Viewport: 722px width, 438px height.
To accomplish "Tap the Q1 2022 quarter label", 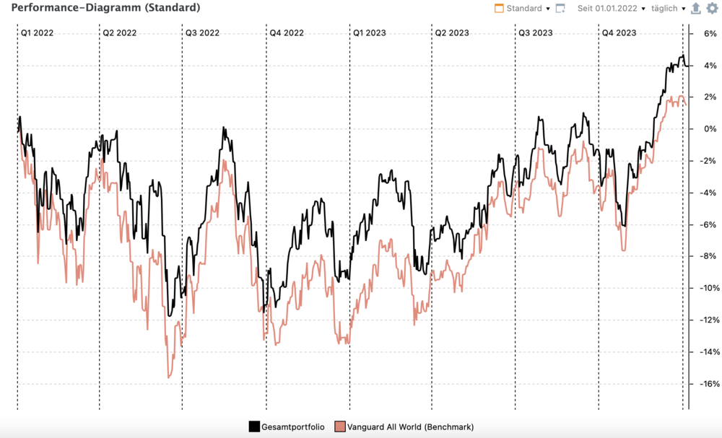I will pyautogui.click(x=37, y=33).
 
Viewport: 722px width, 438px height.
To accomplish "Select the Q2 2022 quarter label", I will pyautogui.click(x=119, y=33).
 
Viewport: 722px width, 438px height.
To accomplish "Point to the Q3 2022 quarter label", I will pyautogui.click(x=202, y=33).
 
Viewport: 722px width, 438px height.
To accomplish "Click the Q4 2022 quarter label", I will pyautogui.click(x=287, y=33).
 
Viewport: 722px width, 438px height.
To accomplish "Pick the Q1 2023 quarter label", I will pyautogui.click(x=370, y=33).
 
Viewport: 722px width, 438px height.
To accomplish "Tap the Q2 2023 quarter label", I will pyautogui.click(x=453, y=33).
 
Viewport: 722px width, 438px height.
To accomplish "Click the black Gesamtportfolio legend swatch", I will pyautogui.click(x=254, y=426).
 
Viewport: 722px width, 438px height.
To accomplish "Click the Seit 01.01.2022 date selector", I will pyautogui.click(x=611, y=9).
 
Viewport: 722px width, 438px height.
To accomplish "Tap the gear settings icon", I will pyautogui.click(x=712, y=9).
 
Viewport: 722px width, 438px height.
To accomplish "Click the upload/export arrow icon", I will pyautogui.click(x=696, y=9).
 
